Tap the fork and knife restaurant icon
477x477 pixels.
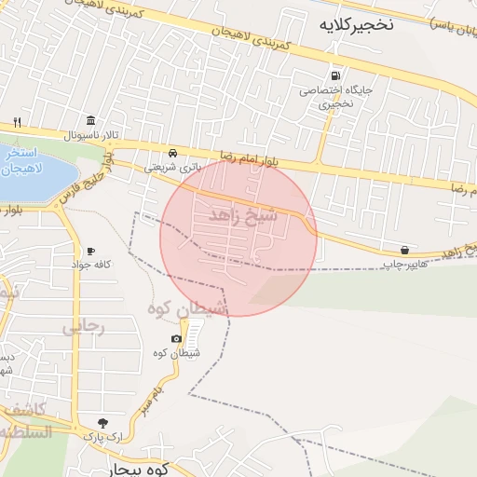click(x=17, y=122)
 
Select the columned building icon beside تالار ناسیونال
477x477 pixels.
click(x=90, y=121)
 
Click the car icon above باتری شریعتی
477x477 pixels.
click(x=172, y=153)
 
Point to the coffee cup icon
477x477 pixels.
click(x=90, y=252)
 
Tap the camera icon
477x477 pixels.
click(x=177, y=338)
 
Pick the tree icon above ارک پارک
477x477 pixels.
click(x=90, y=422)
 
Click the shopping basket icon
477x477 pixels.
click(x=403, y=250)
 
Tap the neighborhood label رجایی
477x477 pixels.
click(x=83, y=327)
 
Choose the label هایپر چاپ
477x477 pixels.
click(x=402, y=264)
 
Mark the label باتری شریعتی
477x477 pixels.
click(x=171, y=168)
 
